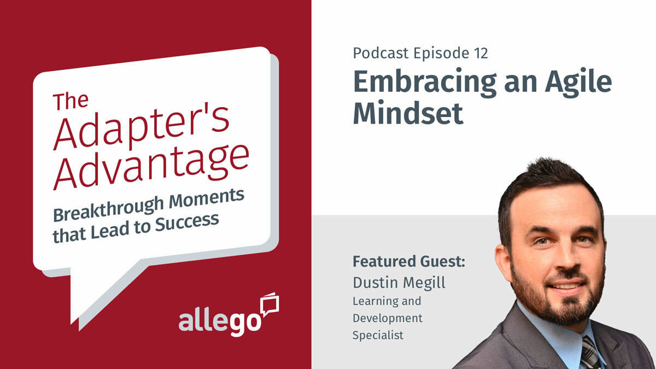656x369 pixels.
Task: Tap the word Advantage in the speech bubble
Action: (152, 165)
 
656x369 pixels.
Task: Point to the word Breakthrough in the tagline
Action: (96, 208)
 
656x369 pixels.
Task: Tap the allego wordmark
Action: (219, 320)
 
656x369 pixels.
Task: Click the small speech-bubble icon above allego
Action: (270, 303)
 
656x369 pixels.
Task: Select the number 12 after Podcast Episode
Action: (479, 53)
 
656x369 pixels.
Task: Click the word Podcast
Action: (381, 53)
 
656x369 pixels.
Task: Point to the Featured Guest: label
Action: (408, 261)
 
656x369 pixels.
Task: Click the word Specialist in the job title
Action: (378, 335)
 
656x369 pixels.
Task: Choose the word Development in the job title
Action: (387, 318)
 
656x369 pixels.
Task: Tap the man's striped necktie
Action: (590, 353)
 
